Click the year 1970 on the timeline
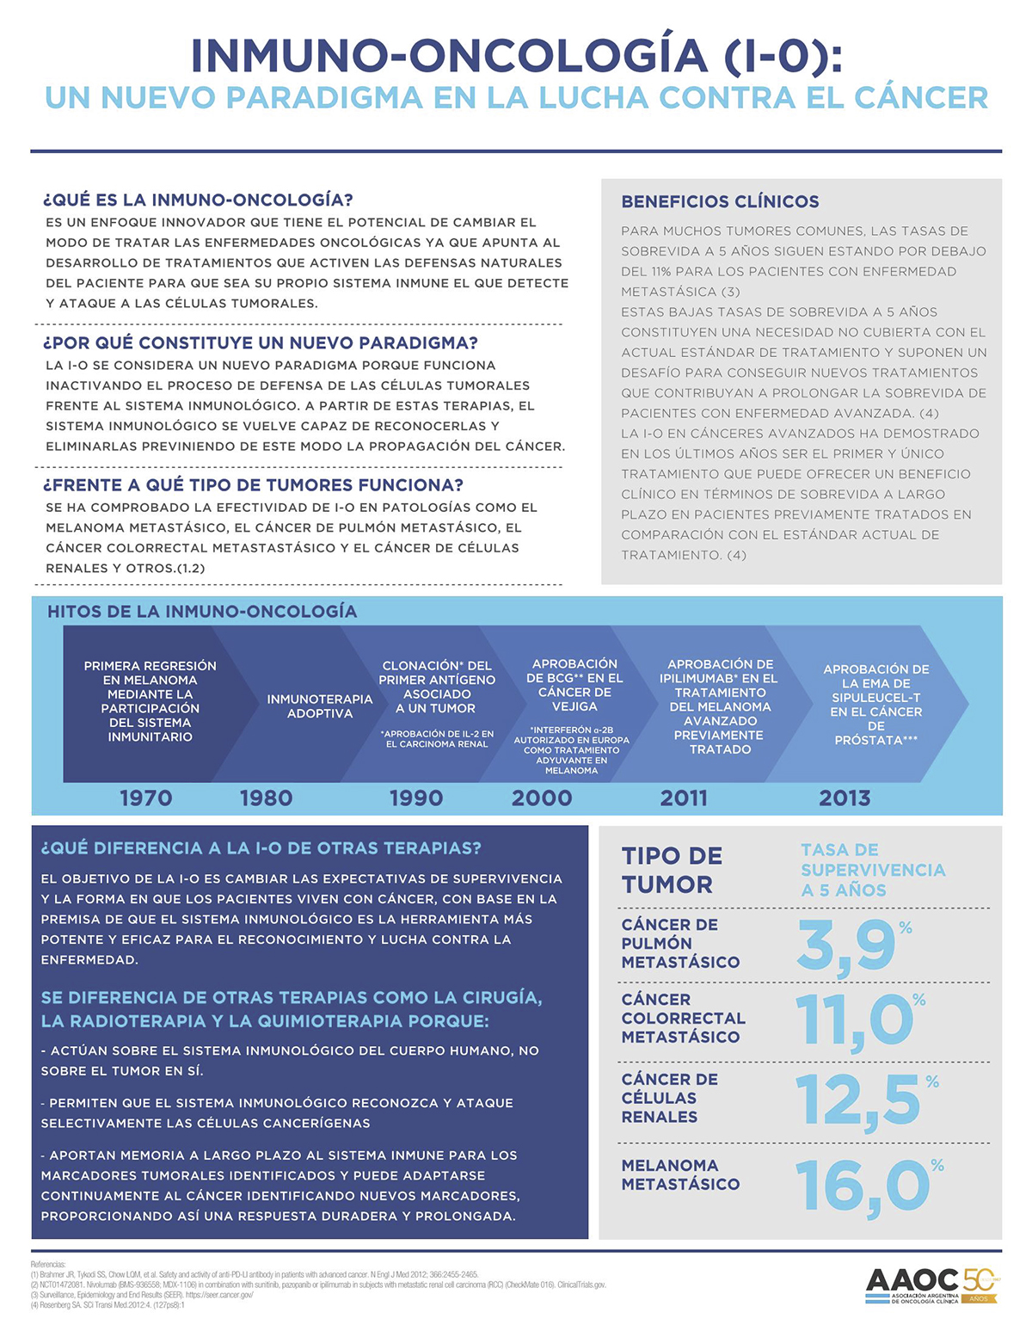tap(145, 798)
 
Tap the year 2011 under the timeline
tap(684, 798)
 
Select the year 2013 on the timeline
tap(845, 798)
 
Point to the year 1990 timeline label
tap(416, 798)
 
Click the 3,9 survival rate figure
tap(846, 946)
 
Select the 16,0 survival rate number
tap(862, 1186)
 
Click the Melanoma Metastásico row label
tap(680, 1174)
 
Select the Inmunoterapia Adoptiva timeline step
tap(320, 705)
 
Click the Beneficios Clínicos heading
tap(720, 201)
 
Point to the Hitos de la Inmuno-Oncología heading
tap(202, 611)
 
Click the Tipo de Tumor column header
tap(672, 870)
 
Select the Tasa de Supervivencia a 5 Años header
tap(872, 870)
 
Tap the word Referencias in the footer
tap(48, 1264)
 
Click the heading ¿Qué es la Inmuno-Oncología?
tap(198, 200)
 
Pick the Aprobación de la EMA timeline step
tap(875, 704)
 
